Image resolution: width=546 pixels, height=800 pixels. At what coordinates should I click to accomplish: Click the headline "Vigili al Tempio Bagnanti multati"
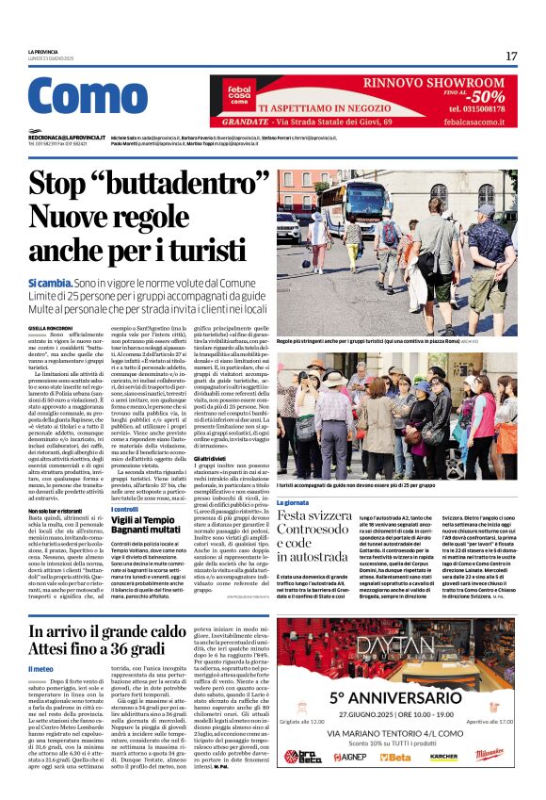coord(151,526)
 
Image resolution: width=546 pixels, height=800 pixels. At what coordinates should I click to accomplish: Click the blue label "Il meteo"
coord(41,669)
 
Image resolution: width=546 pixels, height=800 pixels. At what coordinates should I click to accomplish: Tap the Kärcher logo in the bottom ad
coord(443,757)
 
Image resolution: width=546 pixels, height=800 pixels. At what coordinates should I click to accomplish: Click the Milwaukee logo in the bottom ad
coord(489,756)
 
